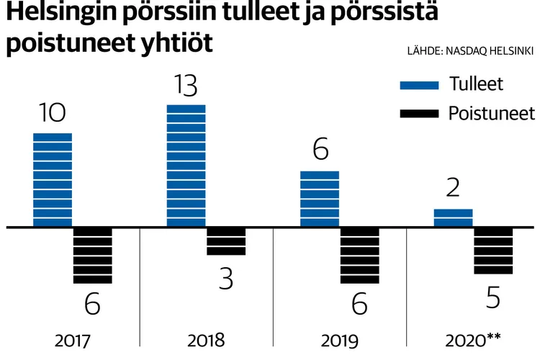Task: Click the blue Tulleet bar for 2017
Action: tap(53, 180)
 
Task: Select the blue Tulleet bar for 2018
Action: tap(186, 166)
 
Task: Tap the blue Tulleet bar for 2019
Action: tap(320, 199)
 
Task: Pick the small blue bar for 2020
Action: tap(453, 217)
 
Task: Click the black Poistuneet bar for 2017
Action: tap(93, 256)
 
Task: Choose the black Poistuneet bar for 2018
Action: tap(226, 242)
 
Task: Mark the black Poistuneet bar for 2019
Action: tap(359, 256)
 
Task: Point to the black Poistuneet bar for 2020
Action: tap(493, 251)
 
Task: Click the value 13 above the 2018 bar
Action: tap(186, 86)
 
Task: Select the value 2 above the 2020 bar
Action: tap(454, 189)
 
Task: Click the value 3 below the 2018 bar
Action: tap(226, 279)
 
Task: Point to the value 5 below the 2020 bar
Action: tap(493, 297)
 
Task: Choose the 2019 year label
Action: tap(340, 340)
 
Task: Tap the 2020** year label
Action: tap(472, 340)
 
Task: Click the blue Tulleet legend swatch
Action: tap(419, 86)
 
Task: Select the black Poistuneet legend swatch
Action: tap(419, 113)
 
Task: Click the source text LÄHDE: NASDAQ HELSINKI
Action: tap(470, 50)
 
